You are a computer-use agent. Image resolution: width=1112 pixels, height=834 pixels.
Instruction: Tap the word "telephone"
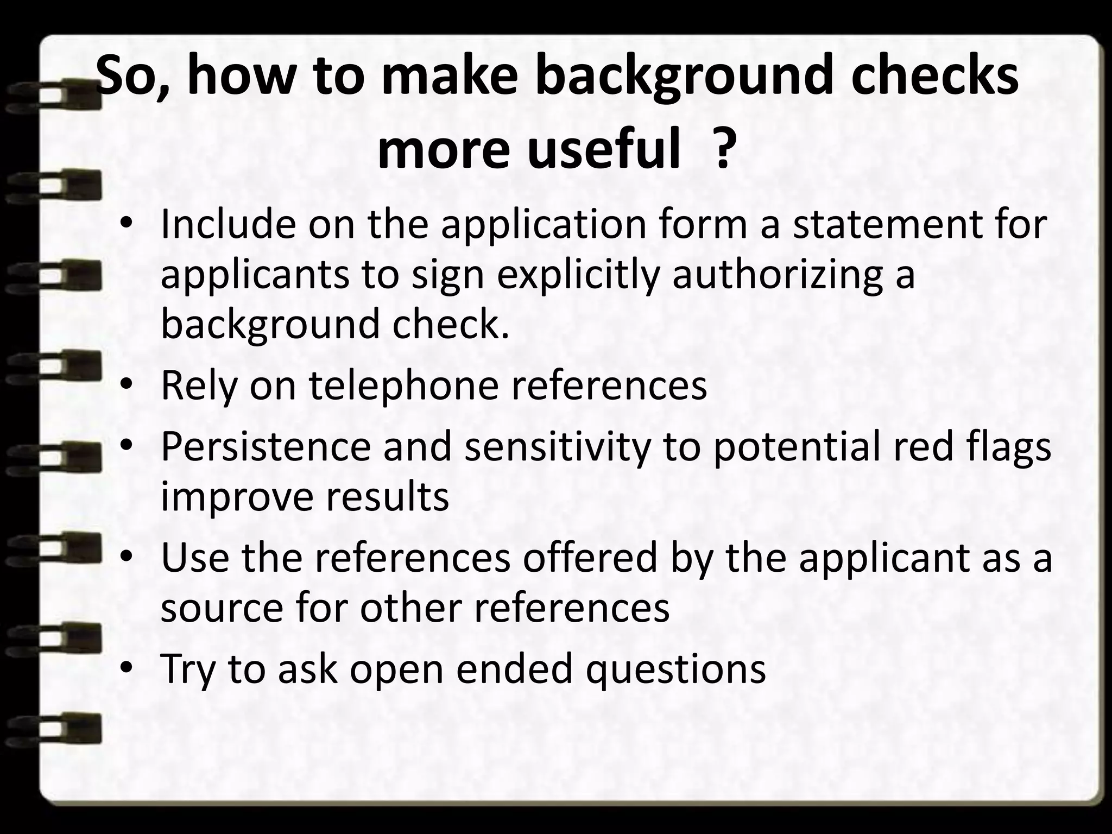tap(403, 387)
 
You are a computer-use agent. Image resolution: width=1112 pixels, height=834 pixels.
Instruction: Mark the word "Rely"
tap(199, 387)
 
